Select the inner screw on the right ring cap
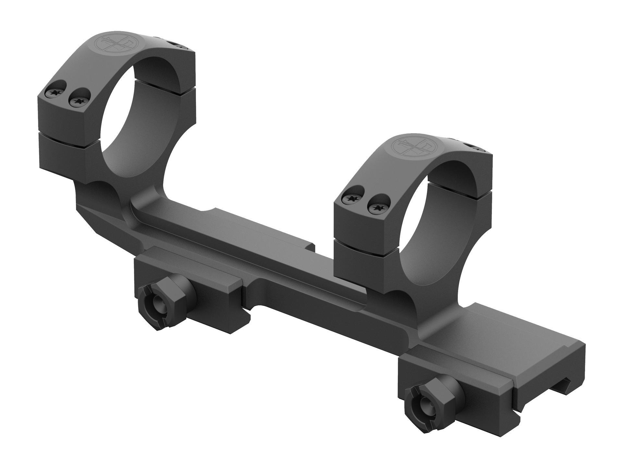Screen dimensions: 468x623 click(376, 206)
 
